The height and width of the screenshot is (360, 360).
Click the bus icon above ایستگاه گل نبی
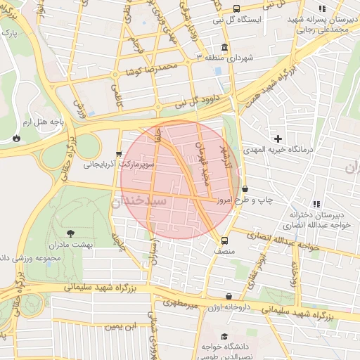pyautogui.click(x=236, y=8)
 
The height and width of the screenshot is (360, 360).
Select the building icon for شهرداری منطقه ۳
pyautogui.click(x=224, y=47)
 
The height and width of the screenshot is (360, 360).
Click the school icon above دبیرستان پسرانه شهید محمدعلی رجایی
pyautogui.click(x=321, y=8)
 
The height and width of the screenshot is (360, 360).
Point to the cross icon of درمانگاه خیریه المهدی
pyautogui.click(x=279, y=139)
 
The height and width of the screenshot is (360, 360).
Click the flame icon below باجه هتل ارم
pyautogui.click(x=15, y=139)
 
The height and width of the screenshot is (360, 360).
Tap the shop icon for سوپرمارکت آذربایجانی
pyautogui.click(x=119, y=154)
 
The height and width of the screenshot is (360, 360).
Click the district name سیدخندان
pyautogui.click(x=138, y=200)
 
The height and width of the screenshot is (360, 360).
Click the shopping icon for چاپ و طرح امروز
pyautogui.click(x=244, y=188)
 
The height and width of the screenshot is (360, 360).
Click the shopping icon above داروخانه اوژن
pyautogui.click(x=229, y=297)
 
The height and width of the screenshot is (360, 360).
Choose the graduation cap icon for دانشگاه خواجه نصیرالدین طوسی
pyautogui.click(x=224, y=337)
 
